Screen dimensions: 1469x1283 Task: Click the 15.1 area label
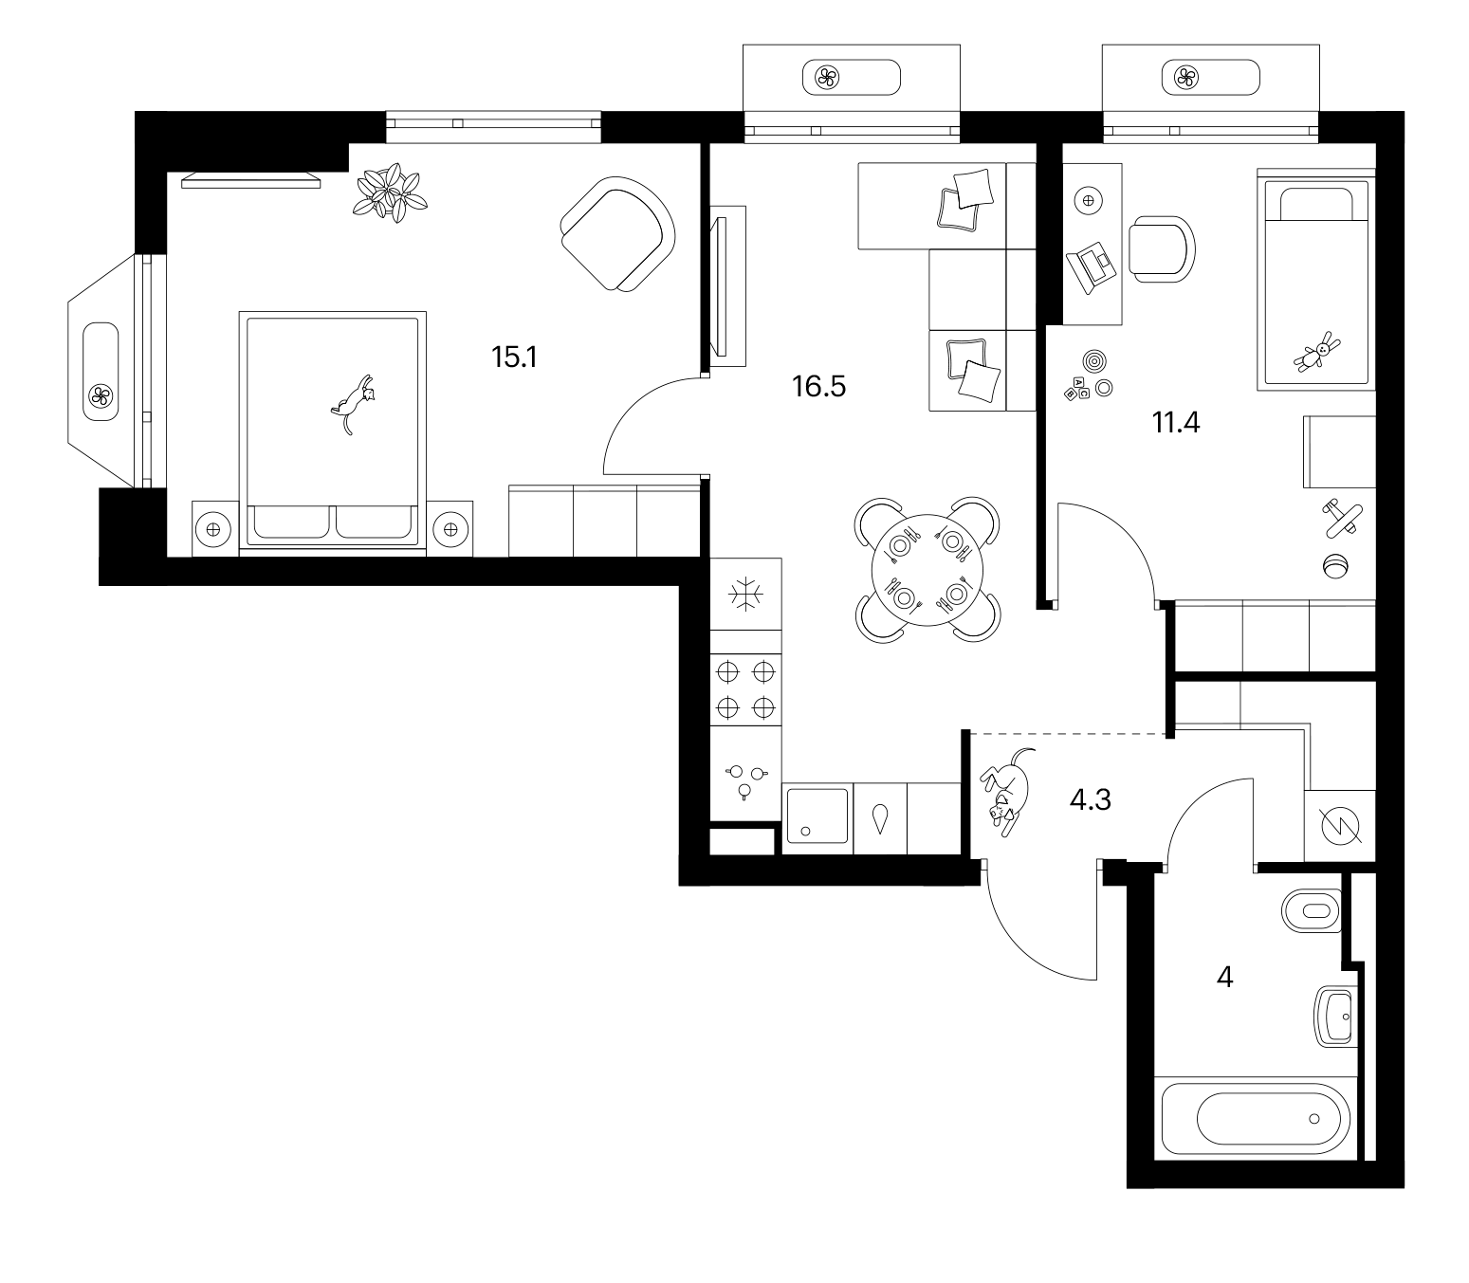click(514, 357)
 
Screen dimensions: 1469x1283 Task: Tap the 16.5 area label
click(818, 386)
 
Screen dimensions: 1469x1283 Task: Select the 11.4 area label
click(1176, 423)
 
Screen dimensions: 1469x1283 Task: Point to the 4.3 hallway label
click(1090, 799)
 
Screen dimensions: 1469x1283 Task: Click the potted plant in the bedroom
click(390, 192)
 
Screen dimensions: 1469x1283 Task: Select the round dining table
click(927, 570)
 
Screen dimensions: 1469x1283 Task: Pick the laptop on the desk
click(1092, 267)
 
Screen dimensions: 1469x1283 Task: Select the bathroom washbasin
click(1336, 1017)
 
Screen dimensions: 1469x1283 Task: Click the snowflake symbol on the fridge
click(745, 595)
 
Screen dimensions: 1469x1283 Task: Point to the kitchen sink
click(817, 816)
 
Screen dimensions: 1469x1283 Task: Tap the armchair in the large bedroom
click(617, 234)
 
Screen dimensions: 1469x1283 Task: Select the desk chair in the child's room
click(1162, 249)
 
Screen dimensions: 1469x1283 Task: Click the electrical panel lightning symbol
click(1340, 826)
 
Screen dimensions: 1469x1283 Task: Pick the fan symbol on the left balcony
click(100, 394)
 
